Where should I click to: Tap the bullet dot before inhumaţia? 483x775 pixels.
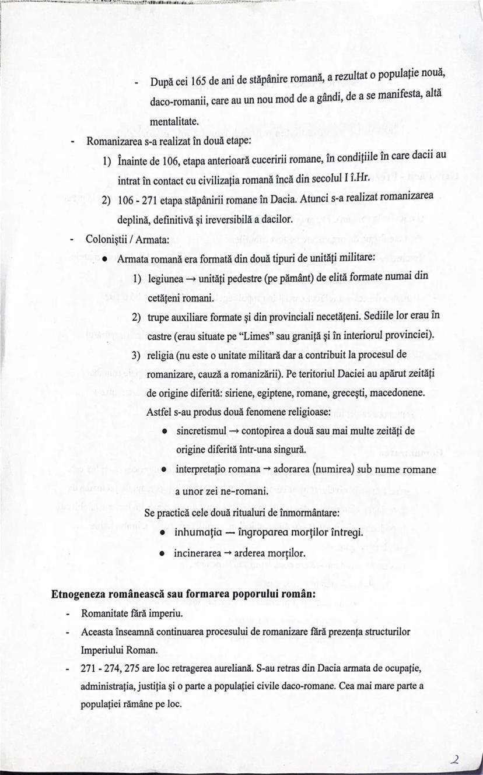point(165,533)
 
